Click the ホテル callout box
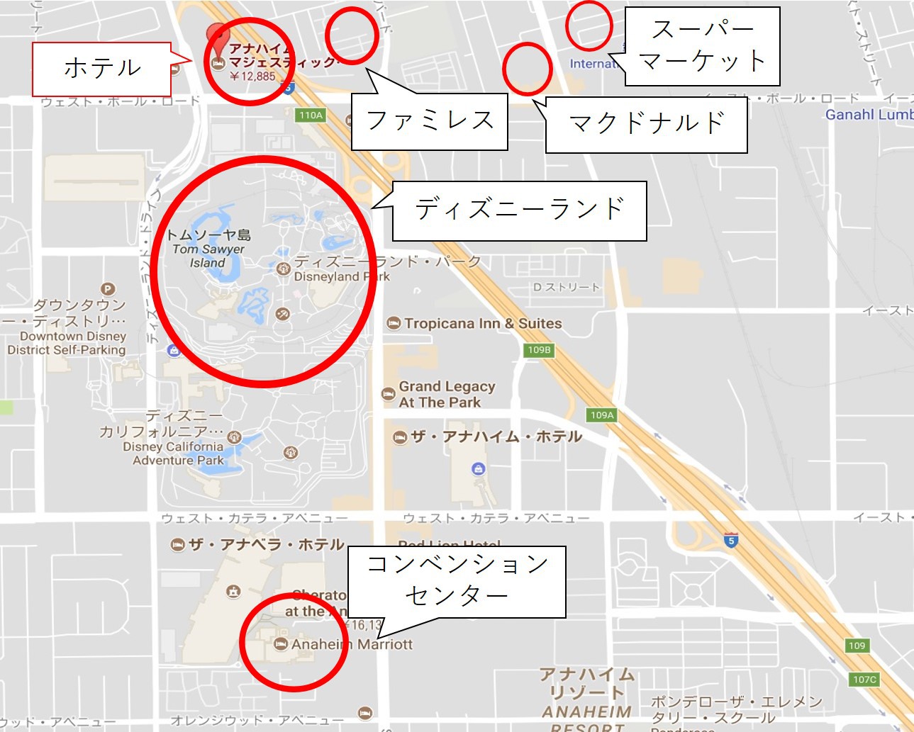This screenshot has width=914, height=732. pos(101,69)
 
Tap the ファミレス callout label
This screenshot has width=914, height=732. pos(430,120)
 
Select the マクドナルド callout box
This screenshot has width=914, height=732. pos(646,124)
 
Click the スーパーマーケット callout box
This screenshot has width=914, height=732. pos(701,46)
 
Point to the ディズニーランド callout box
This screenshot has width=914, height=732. pos(519,210)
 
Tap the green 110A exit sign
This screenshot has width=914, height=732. pos(311,115)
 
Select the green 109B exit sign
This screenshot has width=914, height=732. pos(539,349)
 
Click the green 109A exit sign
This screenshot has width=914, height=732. pos(602,415)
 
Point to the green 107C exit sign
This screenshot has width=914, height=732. pos(864,680)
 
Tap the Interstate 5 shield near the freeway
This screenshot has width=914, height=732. pos(731,540)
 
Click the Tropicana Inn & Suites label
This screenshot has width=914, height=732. pos(482,324)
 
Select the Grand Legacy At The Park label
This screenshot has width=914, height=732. pos(446,395)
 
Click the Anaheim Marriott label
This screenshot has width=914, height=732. pos(351,644)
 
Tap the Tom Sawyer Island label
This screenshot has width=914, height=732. pos(208,249)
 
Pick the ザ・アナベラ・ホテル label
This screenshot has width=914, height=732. pos(266,544)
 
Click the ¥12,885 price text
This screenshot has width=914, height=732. pos(252,77)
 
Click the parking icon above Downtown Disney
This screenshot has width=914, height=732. pos(108,289)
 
